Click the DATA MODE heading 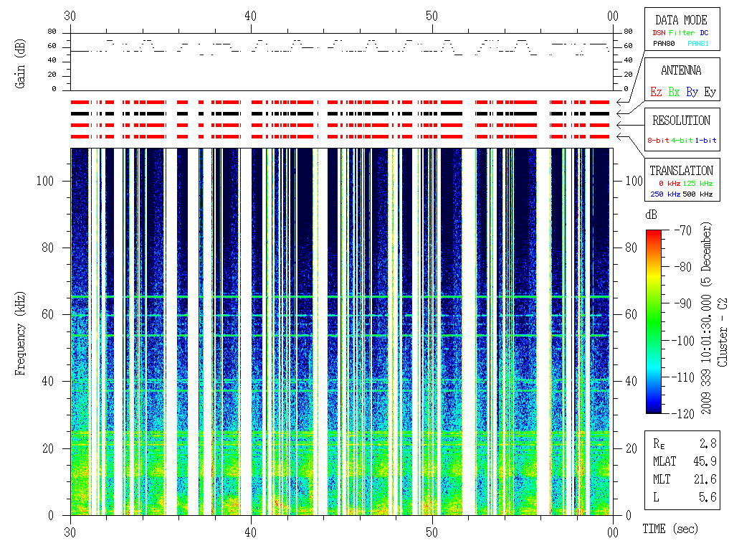click(681, 20)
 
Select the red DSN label click(658, 32)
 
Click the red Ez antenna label click(656, 93)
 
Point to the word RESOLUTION click(681, 121)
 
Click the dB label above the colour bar click(651, 215)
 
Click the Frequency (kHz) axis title click(21, 331)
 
